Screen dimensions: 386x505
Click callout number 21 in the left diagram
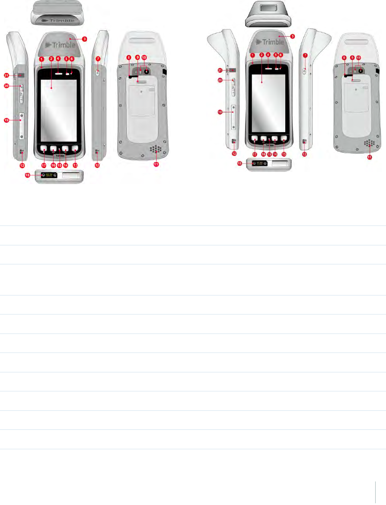(x=6, y=75)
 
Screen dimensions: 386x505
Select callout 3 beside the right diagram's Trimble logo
(x=293, y=36)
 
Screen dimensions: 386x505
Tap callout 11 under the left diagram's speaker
(x=156, y=165)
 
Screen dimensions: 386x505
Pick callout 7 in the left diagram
(x=98, y=58)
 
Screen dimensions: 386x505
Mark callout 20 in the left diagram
(x=6, y=86)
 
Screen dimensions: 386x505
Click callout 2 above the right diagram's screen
(x=262, y=54)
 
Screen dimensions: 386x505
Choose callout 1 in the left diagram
(x=41, y=58)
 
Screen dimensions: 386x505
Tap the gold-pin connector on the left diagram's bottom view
(x=49, y=175)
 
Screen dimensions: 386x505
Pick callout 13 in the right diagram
(x=284, y=154)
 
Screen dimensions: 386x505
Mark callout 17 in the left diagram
(x=44, y=165)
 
